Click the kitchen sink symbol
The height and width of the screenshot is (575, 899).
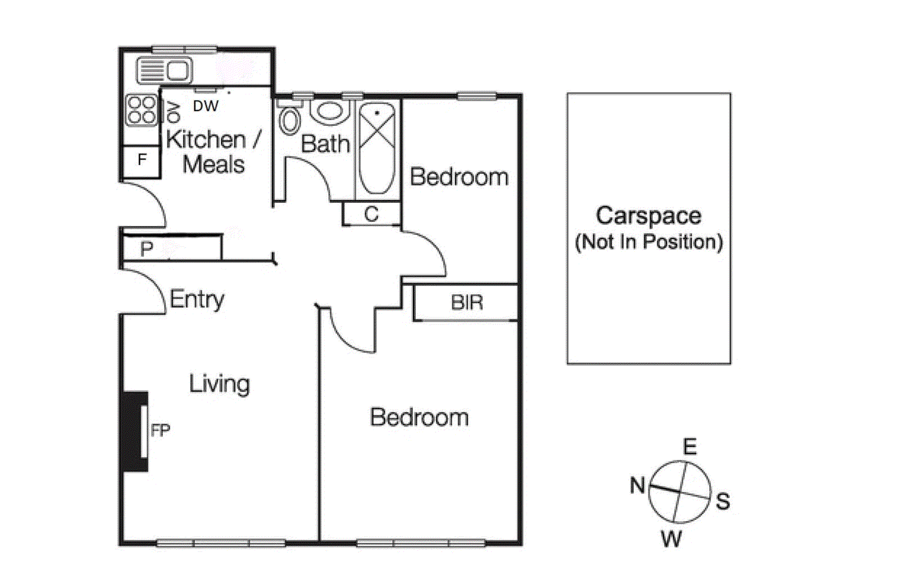click(x=164, y=71)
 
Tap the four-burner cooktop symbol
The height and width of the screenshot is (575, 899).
click(x=141, y=110)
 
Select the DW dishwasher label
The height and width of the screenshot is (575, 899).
click(x=205, y=106)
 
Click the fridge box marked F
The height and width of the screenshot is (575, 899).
click(x=142, y=160)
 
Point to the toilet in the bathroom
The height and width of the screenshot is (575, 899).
click(x=289, y=119)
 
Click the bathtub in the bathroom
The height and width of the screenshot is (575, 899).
click(x=376, y=149)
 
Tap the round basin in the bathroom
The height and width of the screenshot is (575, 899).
click(x=329, y=111)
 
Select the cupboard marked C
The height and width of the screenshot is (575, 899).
click(x=371, y=214)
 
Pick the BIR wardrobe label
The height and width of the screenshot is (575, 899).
click(x=467, y=303)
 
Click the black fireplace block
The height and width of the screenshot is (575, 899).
click(x=134, y=431)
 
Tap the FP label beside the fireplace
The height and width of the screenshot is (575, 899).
click(x=160, y=431)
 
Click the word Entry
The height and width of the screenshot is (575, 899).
click(x=197, y=299)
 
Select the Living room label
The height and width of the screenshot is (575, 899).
click(x=219, y=384)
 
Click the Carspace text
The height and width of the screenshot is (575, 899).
click(x=648, y=216)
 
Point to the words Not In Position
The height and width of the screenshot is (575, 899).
click(x=648, y=242)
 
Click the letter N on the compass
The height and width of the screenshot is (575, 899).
click(x=637, y=485)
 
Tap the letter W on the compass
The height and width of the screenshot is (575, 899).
click(x=671, y=539)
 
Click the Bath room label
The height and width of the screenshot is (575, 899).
click(x=325, y=144)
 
